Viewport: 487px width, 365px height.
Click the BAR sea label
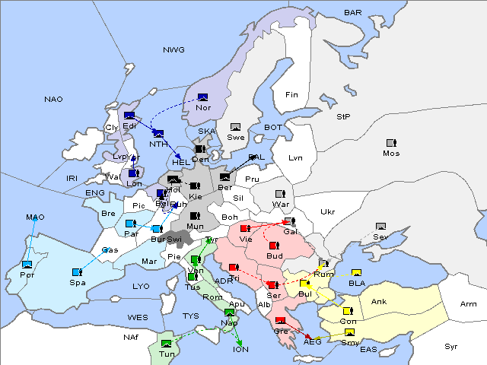[352, 13]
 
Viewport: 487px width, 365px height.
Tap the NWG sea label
[173, 50]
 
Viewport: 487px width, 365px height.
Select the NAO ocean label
[53, 100]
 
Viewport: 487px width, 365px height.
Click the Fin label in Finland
[291, 95]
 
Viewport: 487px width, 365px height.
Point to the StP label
[343, 117]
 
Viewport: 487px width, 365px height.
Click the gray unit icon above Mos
[391, 143]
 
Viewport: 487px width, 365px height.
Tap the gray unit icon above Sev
[380, 227]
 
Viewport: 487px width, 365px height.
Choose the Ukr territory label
[327, 211]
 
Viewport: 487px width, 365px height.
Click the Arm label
[468, 303]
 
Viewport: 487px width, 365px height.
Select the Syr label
[451, 346]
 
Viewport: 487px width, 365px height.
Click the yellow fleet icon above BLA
[356, 273]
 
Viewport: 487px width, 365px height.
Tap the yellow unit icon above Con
[347, 311]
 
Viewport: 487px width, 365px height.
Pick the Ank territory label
[378, 302]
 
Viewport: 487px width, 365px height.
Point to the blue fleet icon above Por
[27, 265]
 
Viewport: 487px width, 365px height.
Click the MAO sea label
[35, 217]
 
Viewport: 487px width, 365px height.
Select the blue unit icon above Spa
[77, 271]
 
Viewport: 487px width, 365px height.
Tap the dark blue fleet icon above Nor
[202, 97]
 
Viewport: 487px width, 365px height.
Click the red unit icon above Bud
[274, 246]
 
